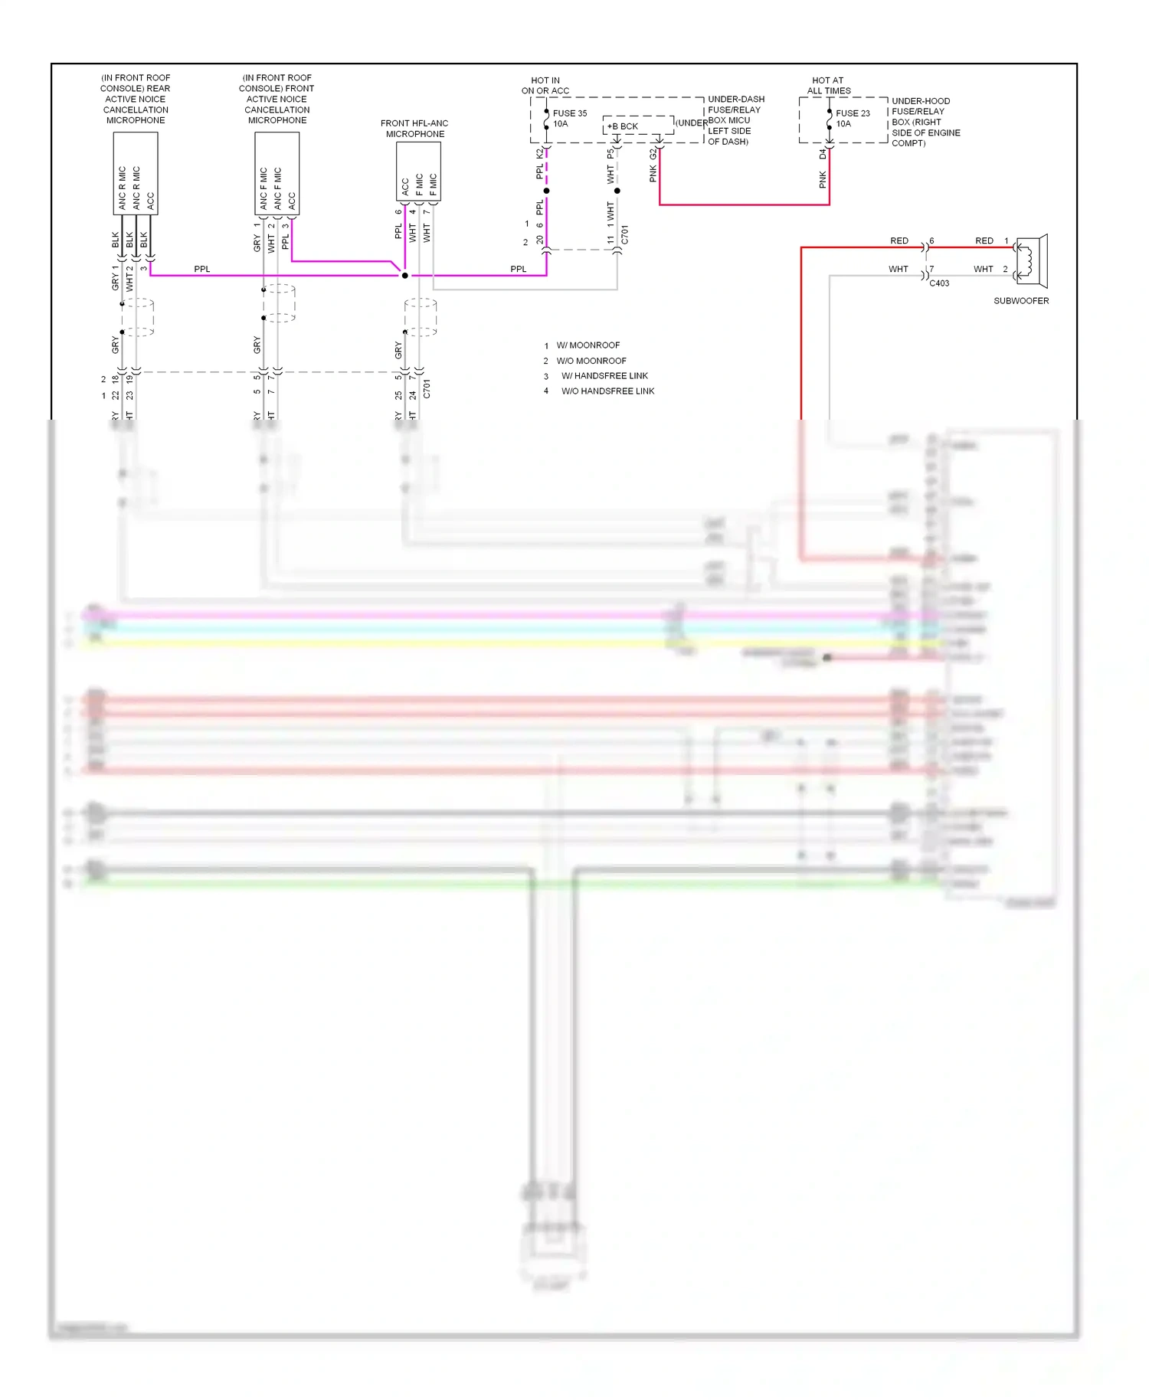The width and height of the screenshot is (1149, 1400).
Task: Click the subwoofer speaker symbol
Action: point(1031,261)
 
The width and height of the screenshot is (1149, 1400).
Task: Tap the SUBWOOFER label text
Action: point(1021,301)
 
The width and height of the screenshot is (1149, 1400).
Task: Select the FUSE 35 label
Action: point(569,113)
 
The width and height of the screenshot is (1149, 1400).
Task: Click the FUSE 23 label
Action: point(853,113)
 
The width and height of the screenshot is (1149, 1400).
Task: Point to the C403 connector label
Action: point(939,283)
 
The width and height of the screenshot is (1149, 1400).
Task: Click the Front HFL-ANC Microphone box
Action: point(418,172)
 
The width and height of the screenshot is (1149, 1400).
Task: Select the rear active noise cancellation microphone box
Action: point(136,173)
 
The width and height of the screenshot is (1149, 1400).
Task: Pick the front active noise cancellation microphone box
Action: point(277,173)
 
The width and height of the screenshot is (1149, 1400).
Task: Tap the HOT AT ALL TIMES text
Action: point(828,85)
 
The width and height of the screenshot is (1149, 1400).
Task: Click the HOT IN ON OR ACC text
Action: point(545,85)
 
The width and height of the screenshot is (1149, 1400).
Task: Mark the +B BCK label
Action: point(623,126)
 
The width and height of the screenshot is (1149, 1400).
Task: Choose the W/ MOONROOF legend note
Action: point(588,345)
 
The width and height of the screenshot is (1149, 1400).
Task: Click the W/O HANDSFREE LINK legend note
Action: point(607,391)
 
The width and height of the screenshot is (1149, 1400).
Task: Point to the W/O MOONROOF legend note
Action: point(591,361)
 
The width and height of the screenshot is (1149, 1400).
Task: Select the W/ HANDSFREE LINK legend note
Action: point(604,376)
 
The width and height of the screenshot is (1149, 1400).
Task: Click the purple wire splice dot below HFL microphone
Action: point(405,276)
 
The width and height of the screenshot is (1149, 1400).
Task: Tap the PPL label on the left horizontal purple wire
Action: point(201,269)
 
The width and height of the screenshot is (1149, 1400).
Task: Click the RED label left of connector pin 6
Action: point(899,240)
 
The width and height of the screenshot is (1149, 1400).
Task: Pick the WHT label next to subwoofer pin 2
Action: point(983,269)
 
